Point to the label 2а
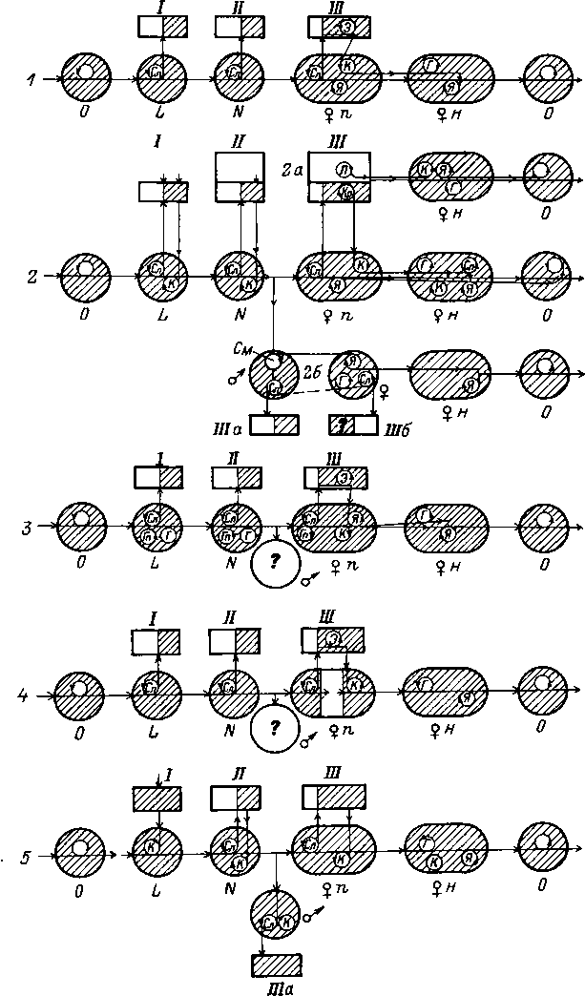pyautogui.click(x=293, y=168)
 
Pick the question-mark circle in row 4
pyautogui.click(x=275, y=728)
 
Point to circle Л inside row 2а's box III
pyautogui.click(x=342, y=170)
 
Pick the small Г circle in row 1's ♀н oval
pyautogui.click(x=431, y=64)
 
